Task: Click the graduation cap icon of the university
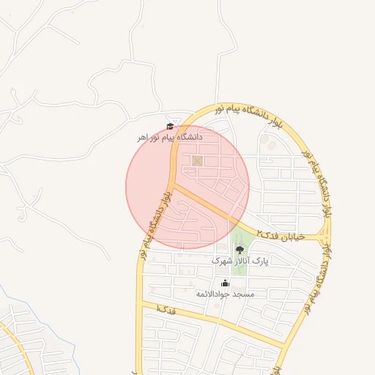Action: [170, 125]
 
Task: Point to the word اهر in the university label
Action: [143, 138]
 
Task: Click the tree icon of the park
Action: [240, 249]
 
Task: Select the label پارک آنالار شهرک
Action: [241, 261]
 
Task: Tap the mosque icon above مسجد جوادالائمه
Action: [225, 283]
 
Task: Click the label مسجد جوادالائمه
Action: [225, 294]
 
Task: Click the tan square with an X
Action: [196, 160]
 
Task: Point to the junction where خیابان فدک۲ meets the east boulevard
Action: [323, 237]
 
